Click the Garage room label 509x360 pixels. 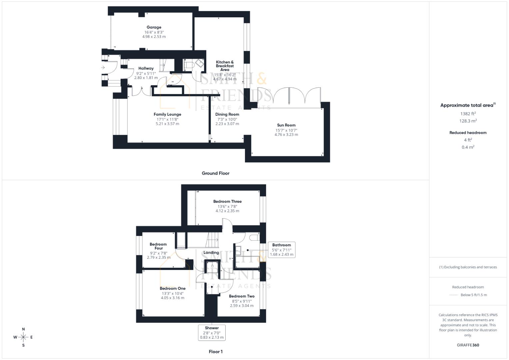(x=154, y=27)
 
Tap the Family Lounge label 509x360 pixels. (x=167, y=114)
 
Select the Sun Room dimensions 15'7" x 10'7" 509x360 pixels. (x=286, y=130)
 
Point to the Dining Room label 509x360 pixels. (x=227, y=114)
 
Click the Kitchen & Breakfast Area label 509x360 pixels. (x=225, y=66)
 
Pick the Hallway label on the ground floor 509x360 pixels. (x=146, y=68)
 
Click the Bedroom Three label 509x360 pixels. (x=227, y=201)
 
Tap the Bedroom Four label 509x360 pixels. (x=158, y=246)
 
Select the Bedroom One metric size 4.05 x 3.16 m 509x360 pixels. (x=172, y=298)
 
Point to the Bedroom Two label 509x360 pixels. (x=242, y=296)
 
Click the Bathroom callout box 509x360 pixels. (x=281, y=250)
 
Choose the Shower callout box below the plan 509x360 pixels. (x=212, y=333)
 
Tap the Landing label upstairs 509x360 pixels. (x=211, y=252)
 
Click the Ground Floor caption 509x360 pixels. (x=215, y=173)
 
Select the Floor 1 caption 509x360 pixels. (x=215, y=352)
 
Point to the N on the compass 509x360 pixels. (x=23, y=329)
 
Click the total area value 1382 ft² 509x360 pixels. (x=468, y=114)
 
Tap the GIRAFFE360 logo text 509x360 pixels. (x=468, y=345)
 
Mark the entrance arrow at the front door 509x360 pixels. (x=103, y=68)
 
